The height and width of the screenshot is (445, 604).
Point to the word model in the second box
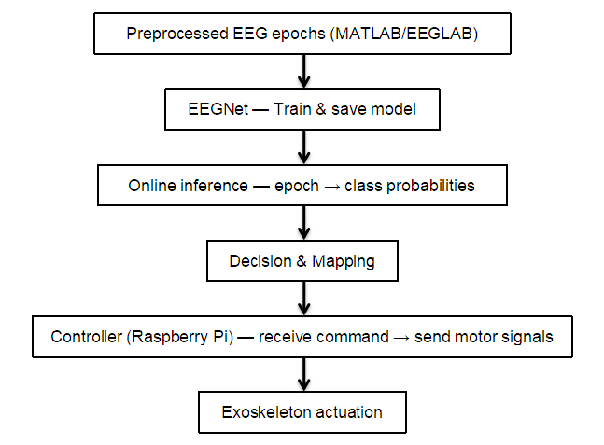[x=392, y=110]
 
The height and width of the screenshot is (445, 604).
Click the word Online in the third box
[x=153, y=186]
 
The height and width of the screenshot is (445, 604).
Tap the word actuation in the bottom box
[x=348, y=412]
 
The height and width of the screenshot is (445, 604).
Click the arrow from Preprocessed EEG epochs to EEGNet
[x=302, y=71]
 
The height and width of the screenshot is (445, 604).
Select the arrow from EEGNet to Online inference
[x=302, y=146]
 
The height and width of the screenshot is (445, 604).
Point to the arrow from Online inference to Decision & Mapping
[x=302, y=222]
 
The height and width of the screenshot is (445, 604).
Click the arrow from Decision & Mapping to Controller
[x=302, y=298]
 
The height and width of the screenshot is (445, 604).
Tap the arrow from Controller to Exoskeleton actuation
[x=302, y=373]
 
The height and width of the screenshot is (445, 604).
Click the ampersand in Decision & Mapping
[x=302, y=261]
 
